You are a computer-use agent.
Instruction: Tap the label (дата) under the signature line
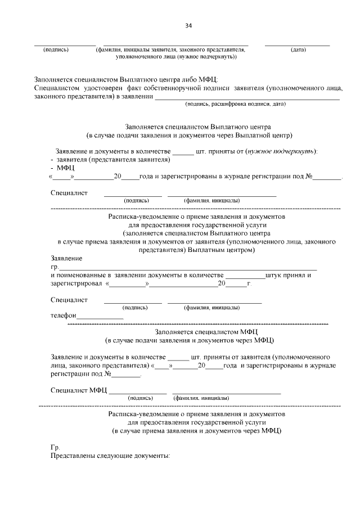tap(298, 49)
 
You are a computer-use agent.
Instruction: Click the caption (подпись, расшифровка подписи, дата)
tap(236, 104)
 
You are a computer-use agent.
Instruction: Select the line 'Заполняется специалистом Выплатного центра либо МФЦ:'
tap(125, 79)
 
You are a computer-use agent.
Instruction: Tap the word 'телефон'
tap(63, 316)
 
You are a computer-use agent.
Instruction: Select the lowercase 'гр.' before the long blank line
tap(55, 267)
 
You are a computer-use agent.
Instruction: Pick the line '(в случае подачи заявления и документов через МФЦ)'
tap(190, 340)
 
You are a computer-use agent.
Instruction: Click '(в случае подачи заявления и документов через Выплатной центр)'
tap(190, 136)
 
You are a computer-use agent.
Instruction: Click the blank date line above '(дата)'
tap(297, 44)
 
